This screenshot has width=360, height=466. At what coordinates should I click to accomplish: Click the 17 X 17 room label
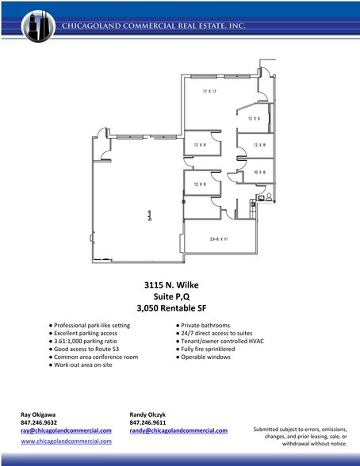pos(209,92)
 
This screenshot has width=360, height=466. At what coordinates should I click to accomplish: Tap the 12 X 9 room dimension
pos(253,118)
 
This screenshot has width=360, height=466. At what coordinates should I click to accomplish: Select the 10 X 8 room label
pos(259,171)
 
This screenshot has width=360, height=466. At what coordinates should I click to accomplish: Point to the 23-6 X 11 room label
pos(219,239)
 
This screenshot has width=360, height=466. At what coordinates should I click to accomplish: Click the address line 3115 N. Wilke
pos(179,283)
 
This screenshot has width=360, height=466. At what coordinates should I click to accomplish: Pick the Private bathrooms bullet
pos(205,325)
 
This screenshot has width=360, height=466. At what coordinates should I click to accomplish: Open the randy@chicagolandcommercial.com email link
pos(178,430)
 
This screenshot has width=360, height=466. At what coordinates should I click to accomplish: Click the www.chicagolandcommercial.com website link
pos(66,441)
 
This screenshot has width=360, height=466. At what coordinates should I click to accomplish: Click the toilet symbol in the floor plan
pos(268,196)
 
